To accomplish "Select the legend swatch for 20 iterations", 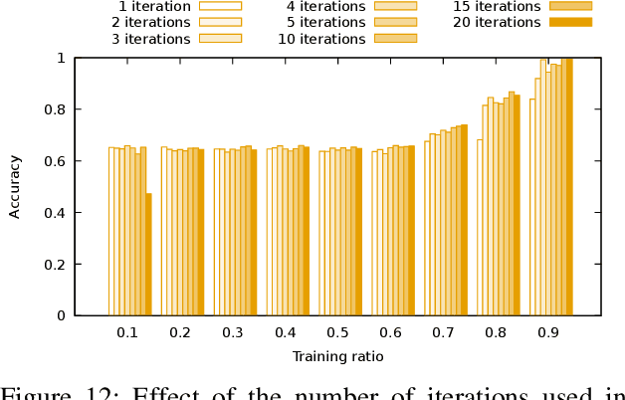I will [570, 22].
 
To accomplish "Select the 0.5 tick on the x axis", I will [337, 331].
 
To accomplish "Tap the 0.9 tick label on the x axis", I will [548, 331].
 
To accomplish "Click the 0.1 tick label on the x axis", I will [127, 331].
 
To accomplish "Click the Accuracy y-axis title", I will [15, 187].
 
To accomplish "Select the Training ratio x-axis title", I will [337, 356].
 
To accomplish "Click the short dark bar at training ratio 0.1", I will [148, 254].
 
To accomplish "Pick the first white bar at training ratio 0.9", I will [532, 207].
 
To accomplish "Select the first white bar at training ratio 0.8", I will [480, 227].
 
